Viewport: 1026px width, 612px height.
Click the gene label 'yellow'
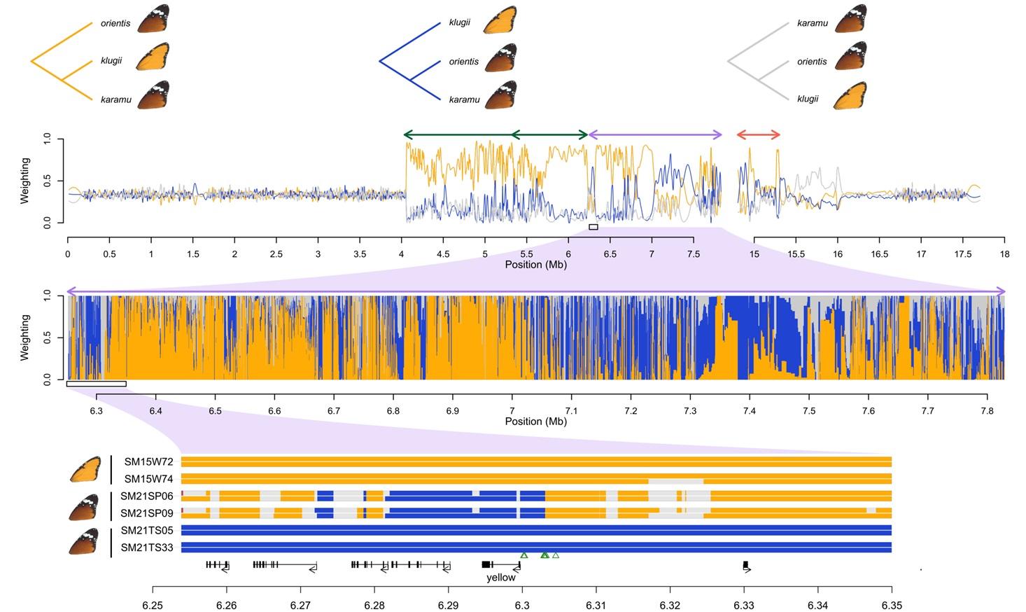coord(500,578)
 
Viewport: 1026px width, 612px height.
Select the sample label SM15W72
coord(148,462)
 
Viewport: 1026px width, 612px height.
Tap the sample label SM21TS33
coord(147,548)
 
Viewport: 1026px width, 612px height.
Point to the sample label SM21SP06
coord(147,496)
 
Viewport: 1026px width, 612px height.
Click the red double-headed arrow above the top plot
coord(758,134)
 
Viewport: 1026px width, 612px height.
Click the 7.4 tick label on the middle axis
coord(750,411)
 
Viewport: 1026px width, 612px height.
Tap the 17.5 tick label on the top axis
coord(963,254)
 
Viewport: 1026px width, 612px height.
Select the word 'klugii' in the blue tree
coord(459,22)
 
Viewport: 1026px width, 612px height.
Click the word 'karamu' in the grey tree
coord(812,23)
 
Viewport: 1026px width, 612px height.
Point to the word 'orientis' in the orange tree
coord(115,23)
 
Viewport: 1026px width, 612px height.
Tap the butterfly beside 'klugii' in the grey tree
coord(850,96)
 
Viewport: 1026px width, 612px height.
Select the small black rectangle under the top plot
coord(593,227)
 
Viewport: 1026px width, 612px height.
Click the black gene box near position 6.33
coord(746,564)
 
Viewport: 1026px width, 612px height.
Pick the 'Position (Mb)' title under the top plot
coord(535,265)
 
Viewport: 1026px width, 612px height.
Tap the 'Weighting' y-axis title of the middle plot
coord(25,338)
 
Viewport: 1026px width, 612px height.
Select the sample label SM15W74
coord(148,480)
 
